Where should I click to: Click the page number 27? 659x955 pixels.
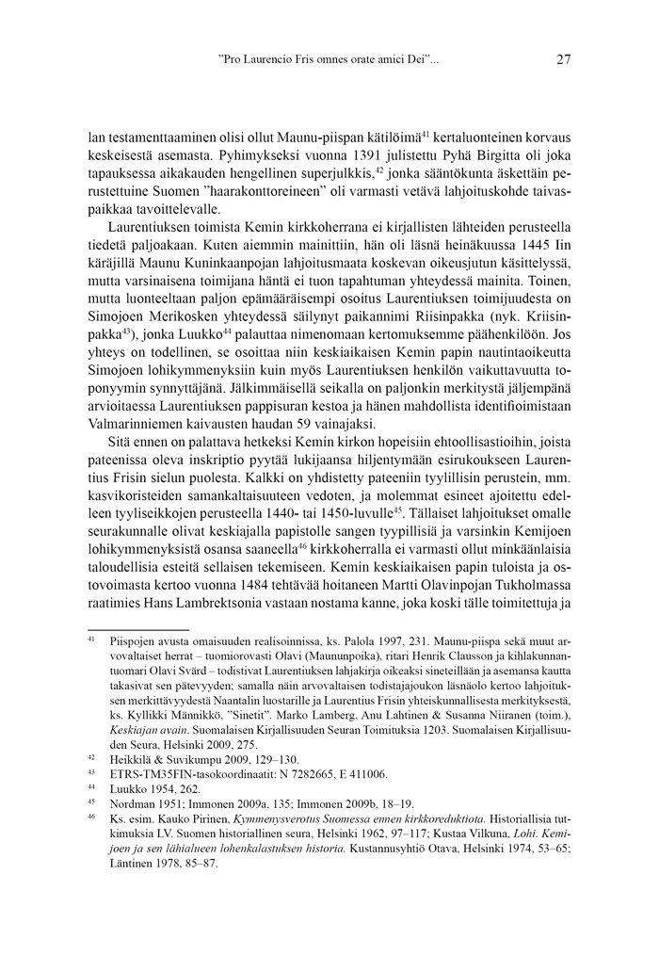point(563,60)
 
